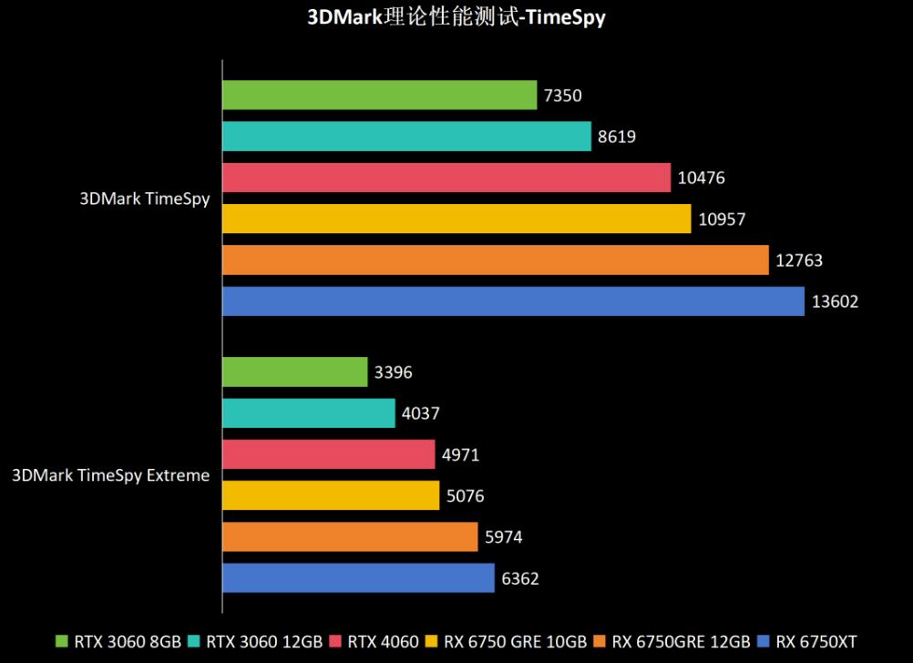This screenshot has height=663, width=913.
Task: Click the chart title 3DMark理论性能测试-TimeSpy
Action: (x=456, y=17)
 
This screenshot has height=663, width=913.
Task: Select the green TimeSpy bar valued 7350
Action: (x=379, y=95)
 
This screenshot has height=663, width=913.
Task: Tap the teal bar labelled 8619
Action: (x=406, y=137)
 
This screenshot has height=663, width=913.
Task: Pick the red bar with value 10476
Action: (x=446, y=178)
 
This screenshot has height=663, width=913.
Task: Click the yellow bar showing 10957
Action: (x=456, y=219)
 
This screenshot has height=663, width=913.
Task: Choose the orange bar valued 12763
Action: (x=496, y=260)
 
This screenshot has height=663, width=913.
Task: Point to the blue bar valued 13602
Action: (x=513, y=301)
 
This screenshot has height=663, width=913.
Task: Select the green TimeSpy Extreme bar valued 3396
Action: (x=294, y=372)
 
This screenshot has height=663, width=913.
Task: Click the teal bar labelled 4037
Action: (x=308, y=413)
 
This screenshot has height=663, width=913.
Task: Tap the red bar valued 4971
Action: (x=328, y=454)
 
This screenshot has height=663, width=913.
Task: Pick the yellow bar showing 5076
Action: (x=331, y=495)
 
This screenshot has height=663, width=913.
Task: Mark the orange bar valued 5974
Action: (x=350, y=536)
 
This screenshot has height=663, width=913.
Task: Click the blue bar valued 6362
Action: (x=358, y=577)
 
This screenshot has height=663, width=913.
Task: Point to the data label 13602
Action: (x=836, y=301)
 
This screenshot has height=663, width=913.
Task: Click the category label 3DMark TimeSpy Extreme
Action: (x=110, y=475)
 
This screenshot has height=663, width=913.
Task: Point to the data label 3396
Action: (x=394, y=372)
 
